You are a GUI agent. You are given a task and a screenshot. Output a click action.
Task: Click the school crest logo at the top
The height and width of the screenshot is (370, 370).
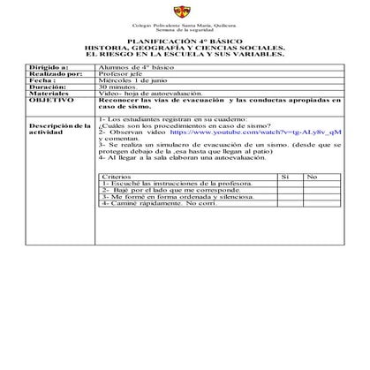click(183, 11)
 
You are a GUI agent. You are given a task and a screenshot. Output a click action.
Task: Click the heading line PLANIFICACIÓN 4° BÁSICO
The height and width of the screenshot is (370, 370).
click(184, 41)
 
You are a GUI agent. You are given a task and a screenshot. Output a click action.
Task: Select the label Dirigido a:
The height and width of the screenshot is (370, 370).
click(48, 67)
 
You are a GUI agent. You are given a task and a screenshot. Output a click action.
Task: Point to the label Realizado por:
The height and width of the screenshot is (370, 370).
click(54, 74)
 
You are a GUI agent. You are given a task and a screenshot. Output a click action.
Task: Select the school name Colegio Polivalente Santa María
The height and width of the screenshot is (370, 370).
click(183, 25)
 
